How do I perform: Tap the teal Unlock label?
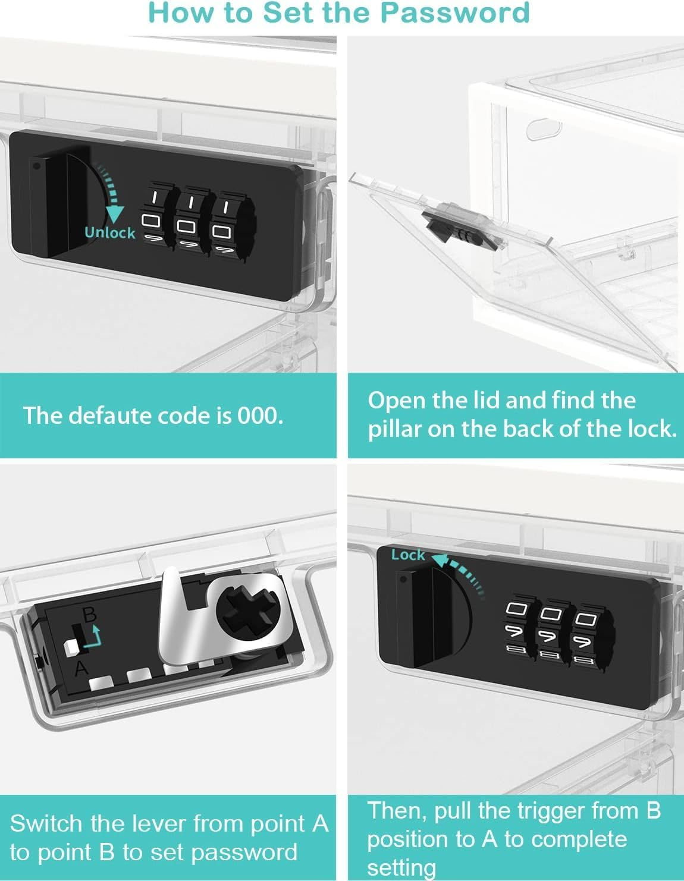pyautogui.click(x=110, y=233)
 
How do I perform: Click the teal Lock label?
pyautogui.click(x=408, y=555)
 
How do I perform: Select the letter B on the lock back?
pyautogui.click(x=89, y=614)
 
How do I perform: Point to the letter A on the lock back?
pyautogui.click(x=81, y=668)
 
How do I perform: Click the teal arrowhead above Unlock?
pyautogui.click(x=114, y=215)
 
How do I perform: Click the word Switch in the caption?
pyautogui.click(x=46, y=824)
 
